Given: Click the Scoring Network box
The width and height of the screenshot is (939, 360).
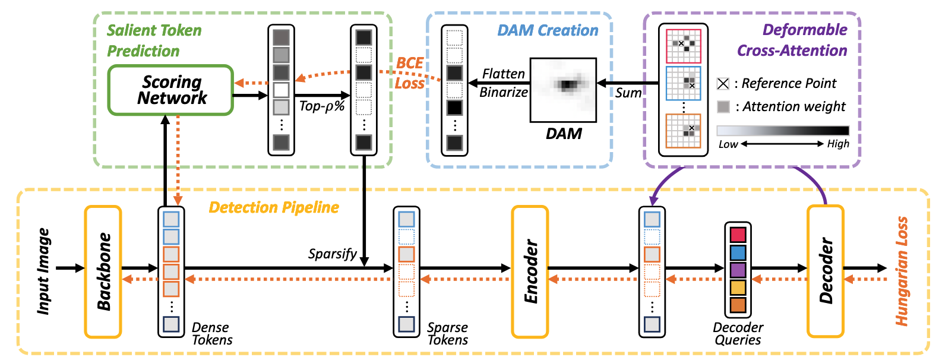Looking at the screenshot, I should tap(170, 90).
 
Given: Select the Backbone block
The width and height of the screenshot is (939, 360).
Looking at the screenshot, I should tap(103, 271).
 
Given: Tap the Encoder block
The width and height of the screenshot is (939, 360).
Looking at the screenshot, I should tap(530, 271).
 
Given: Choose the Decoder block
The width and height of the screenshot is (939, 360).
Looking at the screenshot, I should tap(825, 271).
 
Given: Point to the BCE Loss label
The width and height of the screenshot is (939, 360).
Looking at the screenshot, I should tap(410, 72).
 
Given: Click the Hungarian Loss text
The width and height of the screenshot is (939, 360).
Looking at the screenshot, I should tap(902, 271).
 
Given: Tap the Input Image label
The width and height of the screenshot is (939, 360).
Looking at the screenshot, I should tap(43, 271).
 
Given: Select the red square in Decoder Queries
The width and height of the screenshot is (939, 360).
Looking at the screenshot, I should tap(738, 234).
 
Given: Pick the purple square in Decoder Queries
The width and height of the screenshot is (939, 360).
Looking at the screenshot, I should tap(738, 270).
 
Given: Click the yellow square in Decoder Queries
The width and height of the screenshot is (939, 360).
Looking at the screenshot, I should tap(738, 288).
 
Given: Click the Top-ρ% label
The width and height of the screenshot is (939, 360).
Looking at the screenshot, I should tap(322, 106).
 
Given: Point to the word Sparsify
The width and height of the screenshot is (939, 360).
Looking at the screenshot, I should tap(332, 254).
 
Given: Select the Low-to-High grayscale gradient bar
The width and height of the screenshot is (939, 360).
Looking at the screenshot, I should tap(783, 131).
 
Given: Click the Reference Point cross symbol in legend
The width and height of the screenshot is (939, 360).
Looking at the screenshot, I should tap(723, 84).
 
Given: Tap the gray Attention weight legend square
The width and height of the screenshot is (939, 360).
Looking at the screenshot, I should tap(723, 107).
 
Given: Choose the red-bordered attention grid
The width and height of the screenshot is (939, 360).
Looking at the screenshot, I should tap(684, 46).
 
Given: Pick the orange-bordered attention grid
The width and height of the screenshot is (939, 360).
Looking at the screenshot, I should tap(684, 131).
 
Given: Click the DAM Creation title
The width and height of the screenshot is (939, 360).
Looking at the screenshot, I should tap(548, 30).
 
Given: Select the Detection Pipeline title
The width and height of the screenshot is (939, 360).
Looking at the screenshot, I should tap(274, 207).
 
